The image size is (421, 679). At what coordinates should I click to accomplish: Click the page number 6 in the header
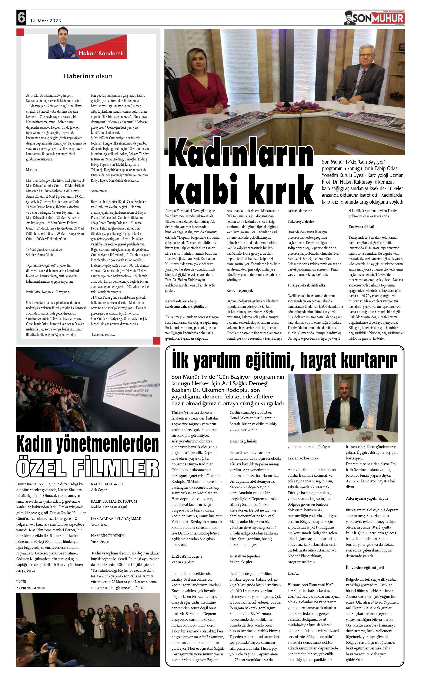[x=21, y=17]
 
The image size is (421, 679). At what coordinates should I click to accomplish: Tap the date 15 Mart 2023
[x=46, y=21]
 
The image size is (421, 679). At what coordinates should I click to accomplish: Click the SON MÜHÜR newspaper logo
[x=374, y=18]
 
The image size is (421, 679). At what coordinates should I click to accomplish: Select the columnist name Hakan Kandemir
[x=101, y=53]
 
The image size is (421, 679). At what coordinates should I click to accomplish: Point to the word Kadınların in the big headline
[x=241, y=154]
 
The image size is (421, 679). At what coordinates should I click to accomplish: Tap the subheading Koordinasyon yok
[x=240, y=290]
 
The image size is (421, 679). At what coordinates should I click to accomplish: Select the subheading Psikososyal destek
[x=301, y=221]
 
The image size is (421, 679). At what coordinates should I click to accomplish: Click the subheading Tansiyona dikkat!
[x=361, y=227]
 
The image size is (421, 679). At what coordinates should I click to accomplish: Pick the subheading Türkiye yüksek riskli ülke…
[x=308, y=285]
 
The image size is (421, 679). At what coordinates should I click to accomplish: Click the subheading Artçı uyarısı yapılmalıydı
[x=366, y=498]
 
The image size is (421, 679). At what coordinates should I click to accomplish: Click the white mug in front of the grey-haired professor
[x=360, y=106]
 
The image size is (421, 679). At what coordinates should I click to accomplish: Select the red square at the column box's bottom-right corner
[x=157, y=340]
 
